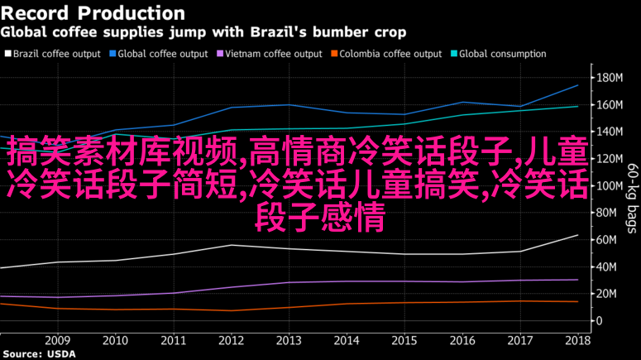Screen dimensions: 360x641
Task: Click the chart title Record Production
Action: [93, 13]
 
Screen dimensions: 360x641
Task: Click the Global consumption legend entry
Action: [501, 54]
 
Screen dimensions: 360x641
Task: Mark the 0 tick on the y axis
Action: [599, 321]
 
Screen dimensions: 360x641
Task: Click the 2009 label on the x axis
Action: [57, 340]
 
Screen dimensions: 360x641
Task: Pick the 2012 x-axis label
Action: [231, 340]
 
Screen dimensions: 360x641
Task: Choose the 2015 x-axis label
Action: [404, 340]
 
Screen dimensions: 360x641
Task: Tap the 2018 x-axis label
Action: [577, 340]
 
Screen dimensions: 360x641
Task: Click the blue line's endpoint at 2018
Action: [577, 85]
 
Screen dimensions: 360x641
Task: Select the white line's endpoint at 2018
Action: [577, 235]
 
